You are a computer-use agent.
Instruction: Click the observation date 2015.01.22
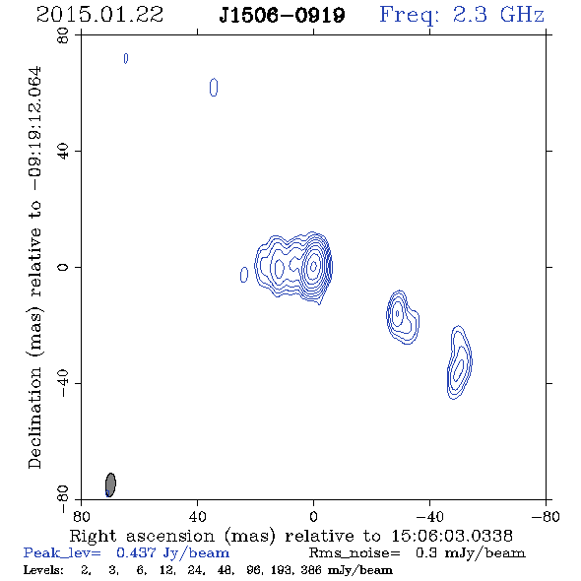coord(99,15)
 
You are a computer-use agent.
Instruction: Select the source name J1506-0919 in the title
coord(282,15)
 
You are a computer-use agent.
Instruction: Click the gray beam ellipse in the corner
coord(110,484)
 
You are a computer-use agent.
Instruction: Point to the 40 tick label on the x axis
coord(197,517)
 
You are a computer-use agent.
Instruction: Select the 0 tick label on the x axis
coord(313,517)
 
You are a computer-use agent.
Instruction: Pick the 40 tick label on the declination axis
coord(63,152)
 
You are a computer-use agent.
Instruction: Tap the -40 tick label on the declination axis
coord(63,383)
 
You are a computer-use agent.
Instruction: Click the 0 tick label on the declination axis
coord(63,267)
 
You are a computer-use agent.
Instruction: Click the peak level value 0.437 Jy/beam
coord(173,553)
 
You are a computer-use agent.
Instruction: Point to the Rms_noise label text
coord(355,553)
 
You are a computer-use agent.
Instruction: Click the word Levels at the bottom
coord(43,569)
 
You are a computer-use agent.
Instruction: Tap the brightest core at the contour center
coord(313,265)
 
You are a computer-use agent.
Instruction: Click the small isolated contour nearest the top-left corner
coord(126,58)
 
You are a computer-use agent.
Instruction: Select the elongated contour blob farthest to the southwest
coord(460,362)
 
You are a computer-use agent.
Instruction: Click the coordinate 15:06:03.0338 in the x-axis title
coord(452,536)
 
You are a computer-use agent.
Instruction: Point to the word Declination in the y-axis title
coord(34,418)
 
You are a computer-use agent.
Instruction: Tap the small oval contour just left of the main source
coord(244,275)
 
